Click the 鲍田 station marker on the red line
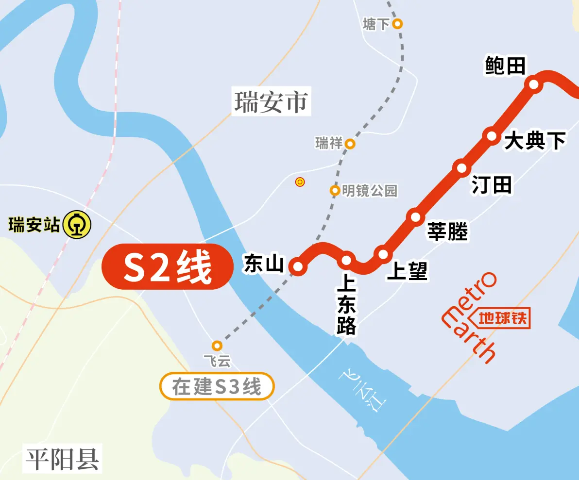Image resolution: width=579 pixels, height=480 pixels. click(534, 84)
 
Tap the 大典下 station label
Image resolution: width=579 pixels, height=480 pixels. click(535, 141)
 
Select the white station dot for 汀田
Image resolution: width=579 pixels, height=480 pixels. click(461, 167)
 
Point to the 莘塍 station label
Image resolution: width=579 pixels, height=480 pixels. click(447, 232)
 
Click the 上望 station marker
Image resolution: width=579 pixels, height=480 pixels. click(383, 254)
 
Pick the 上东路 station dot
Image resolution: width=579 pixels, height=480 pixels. click(346, 261)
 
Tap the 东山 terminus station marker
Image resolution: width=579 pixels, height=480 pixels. click(298, 266)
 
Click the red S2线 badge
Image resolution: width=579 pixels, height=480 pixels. click(167, 267)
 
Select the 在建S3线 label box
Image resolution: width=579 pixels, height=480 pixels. click(217, 387)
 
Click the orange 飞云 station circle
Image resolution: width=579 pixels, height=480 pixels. click(217, 346)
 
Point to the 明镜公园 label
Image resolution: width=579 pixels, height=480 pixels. click(370, 191)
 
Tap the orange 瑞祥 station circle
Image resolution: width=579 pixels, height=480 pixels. click(350, 144)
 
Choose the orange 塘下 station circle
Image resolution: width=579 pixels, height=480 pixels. click(397, 23)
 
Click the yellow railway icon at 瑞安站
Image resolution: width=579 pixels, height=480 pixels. click(77, 225)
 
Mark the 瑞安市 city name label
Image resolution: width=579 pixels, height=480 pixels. click(271, 102)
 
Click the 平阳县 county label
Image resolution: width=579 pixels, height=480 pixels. click(63, 459)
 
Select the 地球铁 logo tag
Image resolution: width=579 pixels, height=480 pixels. click(502, 319)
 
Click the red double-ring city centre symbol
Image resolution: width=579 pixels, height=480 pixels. click(300, 182)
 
